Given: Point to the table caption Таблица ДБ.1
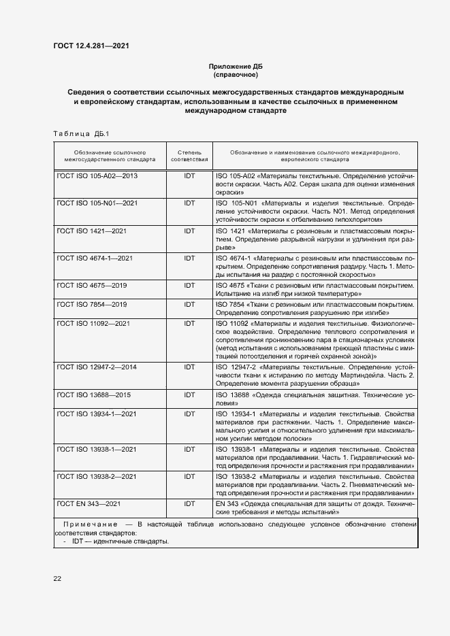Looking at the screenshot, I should tap(80, 133).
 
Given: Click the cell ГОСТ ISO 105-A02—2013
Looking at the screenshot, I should tap(97, 175).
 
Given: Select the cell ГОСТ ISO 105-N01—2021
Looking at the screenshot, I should tap(97, 203).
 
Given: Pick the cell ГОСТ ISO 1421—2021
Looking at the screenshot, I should tap(92, 231).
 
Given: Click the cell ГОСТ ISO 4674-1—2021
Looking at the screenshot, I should tap(95, 258).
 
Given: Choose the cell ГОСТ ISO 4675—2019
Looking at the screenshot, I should tap(92, 285).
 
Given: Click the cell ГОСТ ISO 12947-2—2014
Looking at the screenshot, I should tap(97, 367).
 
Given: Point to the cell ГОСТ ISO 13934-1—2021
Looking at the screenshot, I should tap(97, 414).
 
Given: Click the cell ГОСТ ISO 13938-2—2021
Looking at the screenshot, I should tap(97, 477).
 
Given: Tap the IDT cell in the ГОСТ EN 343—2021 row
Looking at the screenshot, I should tap(189, 503).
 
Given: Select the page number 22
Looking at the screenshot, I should tap(58, 579).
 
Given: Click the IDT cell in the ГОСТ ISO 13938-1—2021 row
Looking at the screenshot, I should tap(189, 450).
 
